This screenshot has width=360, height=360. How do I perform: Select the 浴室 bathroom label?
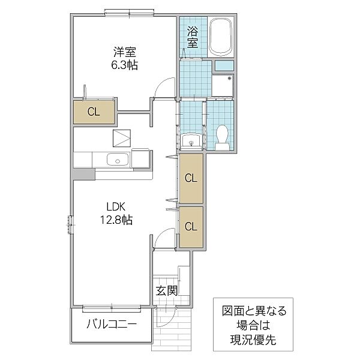coord(192,37)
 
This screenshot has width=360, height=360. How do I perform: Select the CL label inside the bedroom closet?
coord(93,111)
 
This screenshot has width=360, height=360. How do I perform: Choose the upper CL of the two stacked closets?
coord(190,178)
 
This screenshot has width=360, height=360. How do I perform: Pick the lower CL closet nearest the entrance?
coord(190,226)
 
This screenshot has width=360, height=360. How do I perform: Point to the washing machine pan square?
coord(223,86)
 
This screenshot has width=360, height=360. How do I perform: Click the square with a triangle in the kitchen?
coord(122,138)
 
